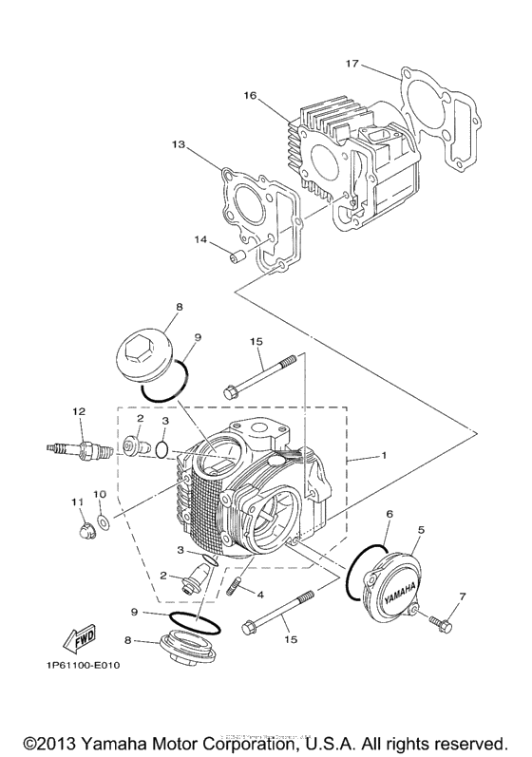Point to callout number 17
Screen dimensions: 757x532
point(352,64)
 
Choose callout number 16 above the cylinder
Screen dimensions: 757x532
point(251,96)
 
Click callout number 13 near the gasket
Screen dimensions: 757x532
point(178,145)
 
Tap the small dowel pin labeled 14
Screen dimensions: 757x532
point(237,254)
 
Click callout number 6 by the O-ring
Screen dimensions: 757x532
point(389,514)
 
